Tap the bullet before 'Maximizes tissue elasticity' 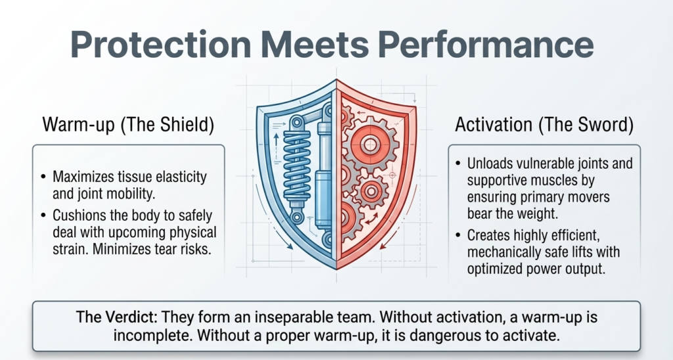43,177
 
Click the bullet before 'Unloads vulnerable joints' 457,164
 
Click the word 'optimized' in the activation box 494,270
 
